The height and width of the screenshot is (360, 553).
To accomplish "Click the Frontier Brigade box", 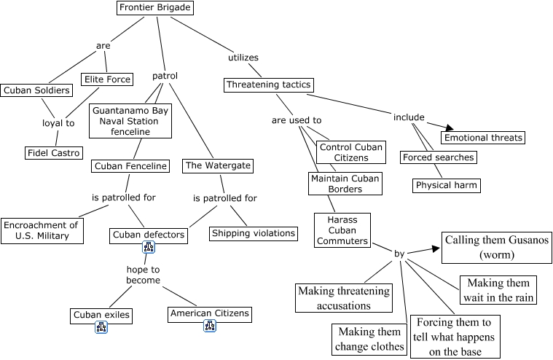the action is pyautogui.click(x=155, y=8).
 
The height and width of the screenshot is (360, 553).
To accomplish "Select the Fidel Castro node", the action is pyautogui.click(x=54, y=153).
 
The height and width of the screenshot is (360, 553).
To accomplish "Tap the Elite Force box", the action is pyautogui.click(x=107, y=79).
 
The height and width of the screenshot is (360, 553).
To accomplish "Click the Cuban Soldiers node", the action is pyautogui.click(x=36, y=90).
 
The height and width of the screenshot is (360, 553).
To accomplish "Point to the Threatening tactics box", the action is pyautogui.click(x=268, y=85).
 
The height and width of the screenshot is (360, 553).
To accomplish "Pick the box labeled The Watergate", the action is pyautogui.click(x=218, y=165).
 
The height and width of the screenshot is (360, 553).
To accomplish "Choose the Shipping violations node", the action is pyautogui.click(x=254, y=233).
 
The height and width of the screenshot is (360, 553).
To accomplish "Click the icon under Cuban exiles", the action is pyautogui.click(x=101, y=327).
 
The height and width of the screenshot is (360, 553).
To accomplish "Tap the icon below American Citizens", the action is pyautogui.click(x=210, y=326).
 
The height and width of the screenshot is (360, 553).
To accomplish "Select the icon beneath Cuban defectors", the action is pyautogui.click(x=149, y=247).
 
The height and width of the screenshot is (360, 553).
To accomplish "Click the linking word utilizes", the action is pyautogui.click(x=243, y=58).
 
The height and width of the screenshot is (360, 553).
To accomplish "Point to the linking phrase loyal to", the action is pyautogui.click(x=58, y=123).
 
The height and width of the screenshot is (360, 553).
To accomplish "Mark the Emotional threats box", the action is pyautogui.click(x=483, y=138).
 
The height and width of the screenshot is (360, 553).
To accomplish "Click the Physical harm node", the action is pyautogui.click(x=446, y=185).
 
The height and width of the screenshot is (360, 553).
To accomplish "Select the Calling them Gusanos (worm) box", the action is pyautogui.click(x=497, y=248).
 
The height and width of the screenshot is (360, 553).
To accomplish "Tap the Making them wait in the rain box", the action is pyautogui.click(x=498, y=290).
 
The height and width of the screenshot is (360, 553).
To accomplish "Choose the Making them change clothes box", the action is pyautogui.click(x=369, y=339).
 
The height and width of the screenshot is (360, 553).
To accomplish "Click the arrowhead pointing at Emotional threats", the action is pyautogui.click(x=450, y=128).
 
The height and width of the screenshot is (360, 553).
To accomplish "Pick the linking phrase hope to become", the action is pyautogui.click(x=143, y=275).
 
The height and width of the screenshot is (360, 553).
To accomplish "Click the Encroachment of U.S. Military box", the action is pyautogui.click(x=42, y=231).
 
